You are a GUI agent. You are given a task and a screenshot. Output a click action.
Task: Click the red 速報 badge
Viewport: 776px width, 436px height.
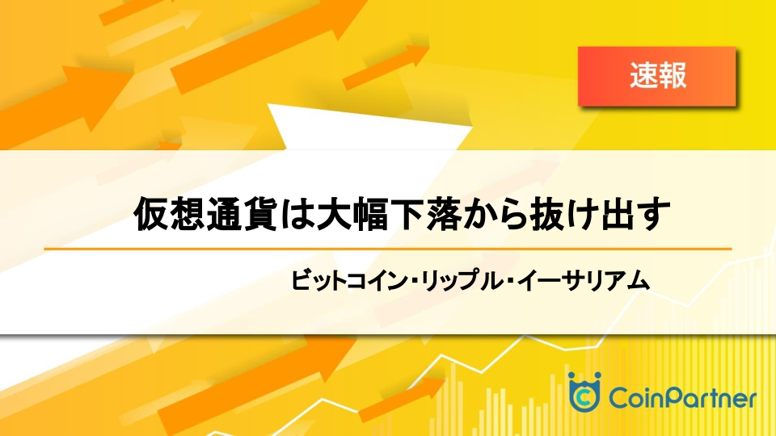tap(656, 76)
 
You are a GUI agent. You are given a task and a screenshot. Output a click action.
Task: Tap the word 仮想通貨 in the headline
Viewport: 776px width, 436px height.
tap(205, 214)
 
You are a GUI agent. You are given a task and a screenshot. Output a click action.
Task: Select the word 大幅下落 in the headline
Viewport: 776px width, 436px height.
tap(387, 214)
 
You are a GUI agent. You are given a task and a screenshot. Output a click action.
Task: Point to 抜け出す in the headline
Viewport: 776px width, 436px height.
tap(601, 214)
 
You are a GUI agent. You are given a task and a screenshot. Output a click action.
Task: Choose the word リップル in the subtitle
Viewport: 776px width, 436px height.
tap(462, 280)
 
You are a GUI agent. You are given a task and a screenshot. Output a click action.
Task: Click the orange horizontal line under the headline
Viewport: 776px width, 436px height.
tap(388, 249)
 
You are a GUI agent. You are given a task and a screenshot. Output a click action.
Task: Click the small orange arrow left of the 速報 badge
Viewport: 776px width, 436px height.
tap(386, 67)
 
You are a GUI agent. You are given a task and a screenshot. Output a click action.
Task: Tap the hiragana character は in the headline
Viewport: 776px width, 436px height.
tap(296, 214)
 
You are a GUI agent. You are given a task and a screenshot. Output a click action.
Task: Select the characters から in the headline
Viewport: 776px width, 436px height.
tap(494, 214)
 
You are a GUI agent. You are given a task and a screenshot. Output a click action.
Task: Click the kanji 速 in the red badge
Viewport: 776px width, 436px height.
tap(643, 76)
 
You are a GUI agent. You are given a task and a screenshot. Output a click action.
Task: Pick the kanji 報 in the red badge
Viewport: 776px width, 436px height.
tap(673, 76)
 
